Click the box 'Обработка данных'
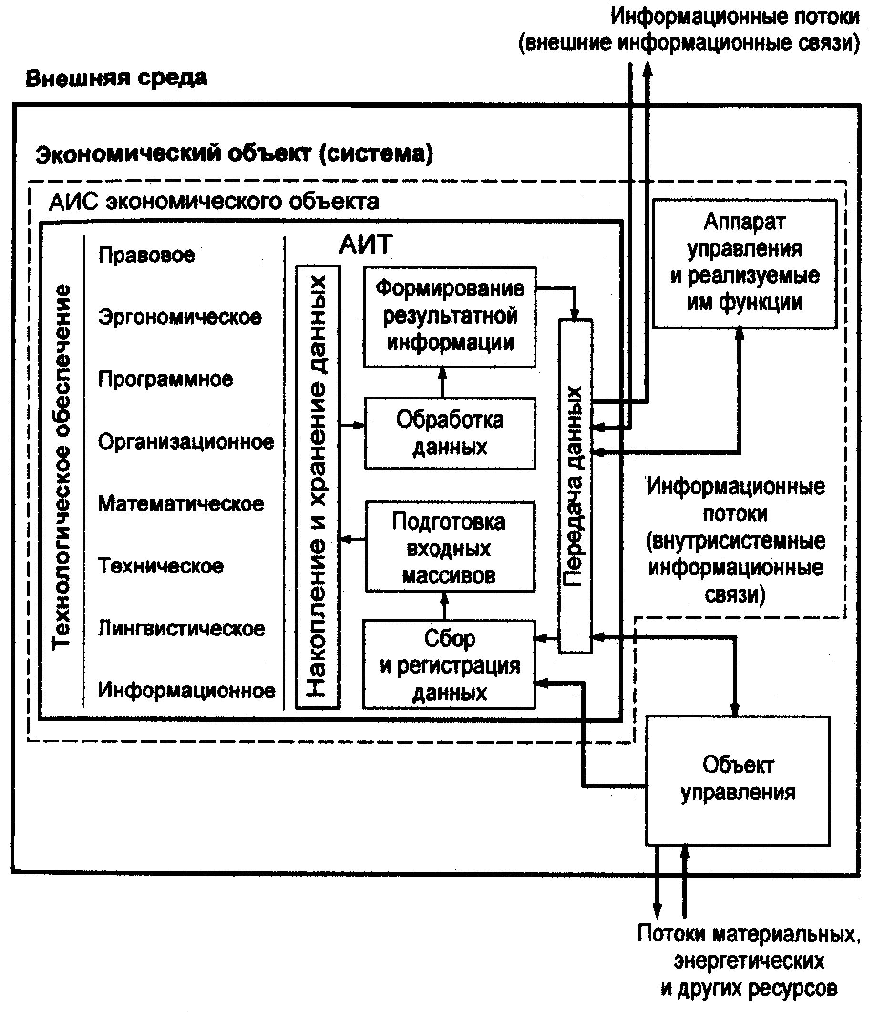point(450,433)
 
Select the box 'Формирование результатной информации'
point(450,317)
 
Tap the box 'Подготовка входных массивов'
point(450,547)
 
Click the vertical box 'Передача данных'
point(575,486)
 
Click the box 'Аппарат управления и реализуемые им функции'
point(744,263)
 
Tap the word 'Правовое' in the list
point(146,255)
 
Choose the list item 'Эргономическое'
point(180,317)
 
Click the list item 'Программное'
point(165,379)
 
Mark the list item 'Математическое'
point(181,503)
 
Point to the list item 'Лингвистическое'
point(181,628)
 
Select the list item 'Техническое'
point(161,566)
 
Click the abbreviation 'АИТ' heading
point(365,244)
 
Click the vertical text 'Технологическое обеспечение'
point(62,467)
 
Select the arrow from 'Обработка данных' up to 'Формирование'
point(442,382)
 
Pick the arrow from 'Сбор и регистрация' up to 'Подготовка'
point(444,606)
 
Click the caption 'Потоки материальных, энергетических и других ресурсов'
point(749,961)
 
